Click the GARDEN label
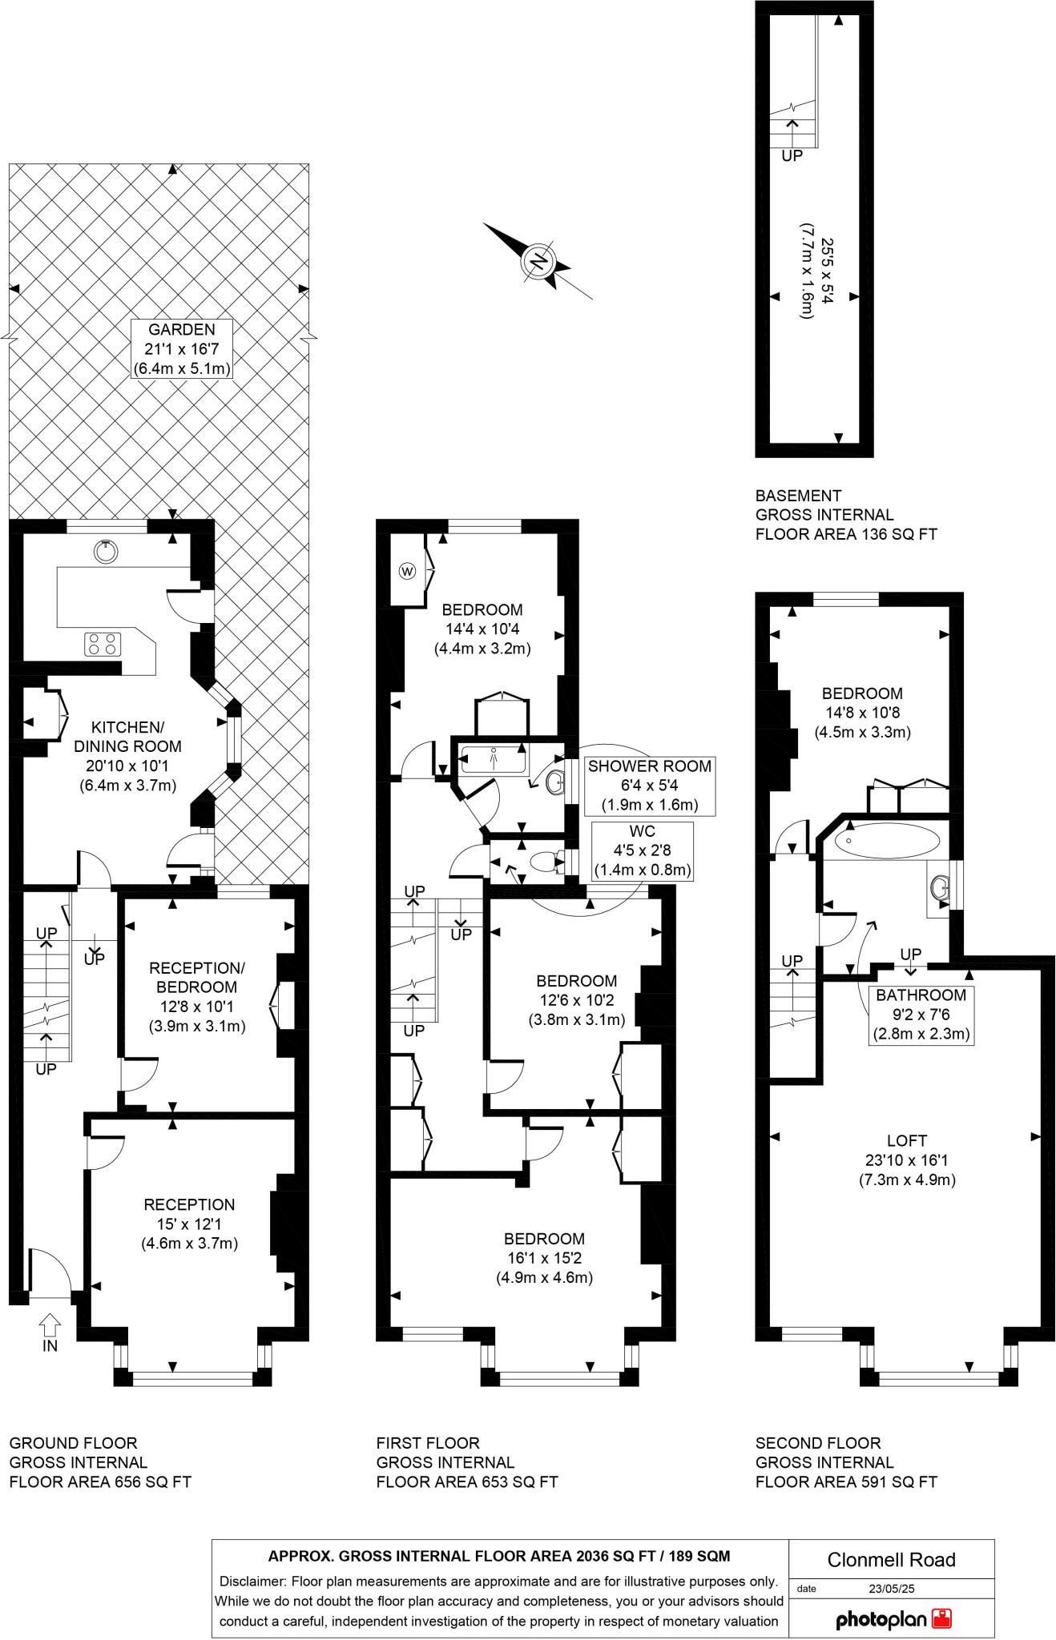pyautogui.click(x=182, y=349)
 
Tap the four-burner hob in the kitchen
pyautogui.click(x=103, y=644)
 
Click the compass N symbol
pyautogui.click(x=539, y=262)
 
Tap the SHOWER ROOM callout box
pyautogui.click(x=650, y=785)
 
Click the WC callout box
pyautogui.click(x=643, y=851)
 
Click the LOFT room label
pyautogui.click(x=907, y=1160)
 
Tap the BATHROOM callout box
pyautogui.click(x=921, y=1014)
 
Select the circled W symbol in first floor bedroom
pyautogui.click(x=408, y=571)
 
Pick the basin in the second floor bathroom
pyautogui.click(x=941, y=888)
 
